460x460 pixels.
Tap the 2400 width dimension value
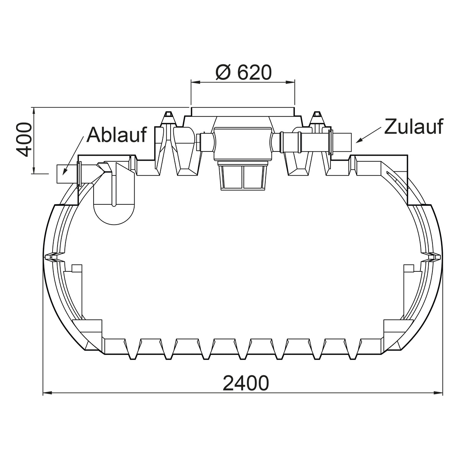[x=246, y=383]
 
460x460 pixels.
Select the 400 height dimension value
[x=24, y=140]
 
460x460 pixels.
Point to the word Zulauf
[x=414, y=126]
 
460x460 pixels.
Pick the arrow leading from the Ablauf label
[x=73, y=156]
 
